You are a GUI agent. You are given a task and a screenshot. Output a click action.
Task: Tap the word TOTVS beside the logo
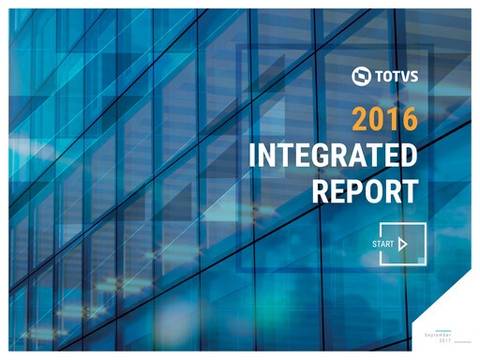pyautogui.click(x=396, y=77)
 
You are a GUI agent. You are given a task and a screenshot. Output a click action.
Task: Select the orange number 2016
pyautogui.click(x=383, y=119)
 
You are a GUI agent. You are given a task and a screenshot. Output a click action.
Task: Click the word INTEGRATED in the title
pyautogui.click(x=333, y=156)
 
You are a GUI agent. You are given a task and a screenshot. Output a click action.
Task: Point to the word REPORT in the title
pyautogui.click(x=364, y=190)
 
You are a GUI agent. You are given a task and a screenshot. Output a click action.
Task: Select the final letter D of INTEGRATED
pyautogui.click(x=408, y=156)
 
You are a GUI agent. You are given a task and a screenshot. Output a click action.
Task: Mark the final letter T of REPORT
pyautogui.click(x=408, y=190)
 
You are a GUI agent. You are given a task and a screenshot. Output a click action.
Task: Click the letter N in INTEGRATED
pyautogui.click(x=268, y=156)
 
